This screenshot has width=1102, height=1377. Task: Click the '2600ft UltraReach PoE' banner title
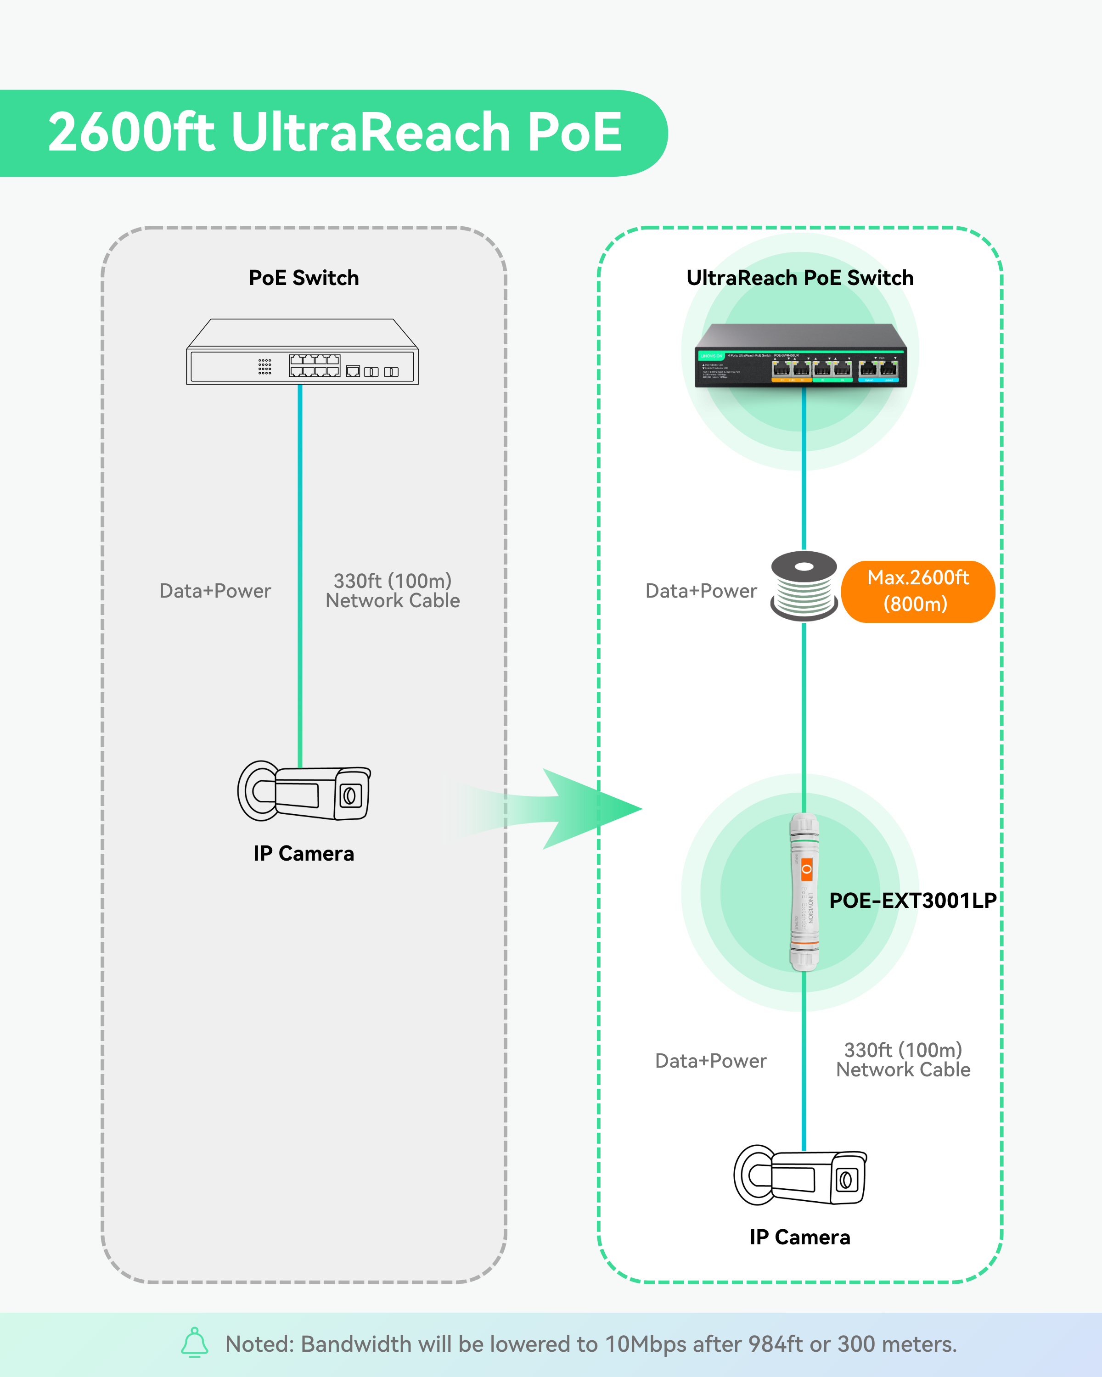[335, 132]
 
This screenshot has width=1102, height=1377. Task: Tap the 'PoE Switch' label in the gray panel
[304, 278]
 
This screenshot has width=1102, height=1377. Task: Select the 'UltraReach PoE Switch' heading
[800, 278]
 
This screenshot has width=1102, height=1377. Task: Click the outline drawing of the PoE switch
[302, 353]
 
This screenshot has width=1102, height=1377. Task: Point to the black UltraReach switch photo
[800, 356]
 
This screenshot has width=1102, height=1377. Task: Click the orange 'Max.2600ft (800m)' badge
[918, 591]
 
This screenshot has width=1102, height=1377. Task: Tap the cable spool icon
[804, 586]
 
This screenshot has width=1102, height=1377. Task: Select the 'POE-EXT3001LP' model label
[913, 901]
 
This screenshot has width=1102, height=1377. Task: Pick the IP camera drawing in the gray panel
[304, 791]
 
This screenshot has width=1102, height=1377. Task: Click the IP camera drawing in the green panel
[800, 1176]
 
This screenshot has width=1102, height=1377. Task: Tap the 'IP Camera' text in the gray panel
[304, 854]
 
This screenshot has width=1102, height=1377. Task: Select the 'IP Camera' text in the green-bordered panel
[800, 1237]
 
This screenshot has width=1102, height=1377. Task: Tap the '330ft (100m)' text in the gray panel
[392, 581]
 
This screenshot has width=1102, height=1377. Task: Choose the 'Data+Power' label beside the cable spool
[701, 591]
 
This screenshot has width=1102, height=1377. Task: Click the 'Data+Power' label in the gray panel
[215, 591]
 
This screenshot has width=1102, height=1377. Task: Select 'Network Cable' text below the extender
[903, 1070]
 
